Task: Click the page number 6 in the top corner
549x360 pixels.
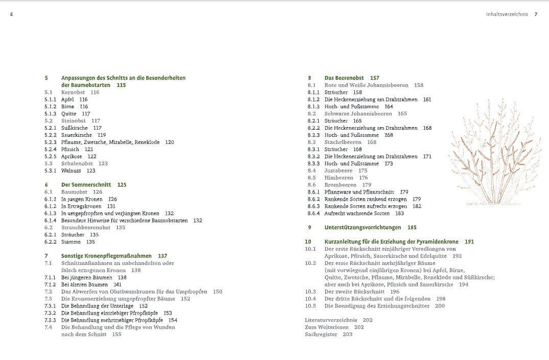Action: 11,14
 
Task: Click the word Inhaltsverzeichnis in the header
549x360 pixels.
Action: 507,14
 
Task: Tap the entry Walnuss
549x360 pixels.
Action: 71,171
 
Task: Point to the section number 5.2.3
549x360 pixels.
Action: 50,142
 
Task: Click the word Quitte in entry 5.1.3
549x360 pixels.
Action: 68,113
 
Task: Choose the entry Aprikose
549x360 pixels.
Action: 71,156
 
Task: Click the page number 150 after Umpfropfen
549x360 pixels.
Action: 218,292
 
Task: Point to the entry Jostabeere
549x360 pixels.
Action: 339,171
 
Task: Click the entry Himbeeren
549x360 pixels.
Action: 339,178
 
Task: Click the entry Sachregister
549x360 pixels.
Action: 321,334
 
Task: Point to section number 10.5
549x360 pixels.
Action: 311,306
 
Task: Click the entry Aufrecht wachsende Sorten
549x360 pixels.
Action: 357,213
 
